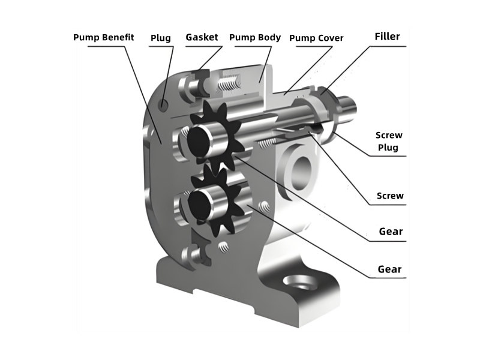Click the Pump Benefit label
tap(103, 38)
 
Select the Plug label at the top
tap(160, 38)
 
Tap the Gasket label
tap(202, 37)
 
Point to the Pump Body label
tap(255, 37)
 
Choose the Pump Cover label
tap(316, 38)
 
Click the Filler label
tap(387, 36)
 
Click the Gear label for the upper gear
tap(391, 231)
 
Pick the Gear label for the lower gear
tap(389, 269)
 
